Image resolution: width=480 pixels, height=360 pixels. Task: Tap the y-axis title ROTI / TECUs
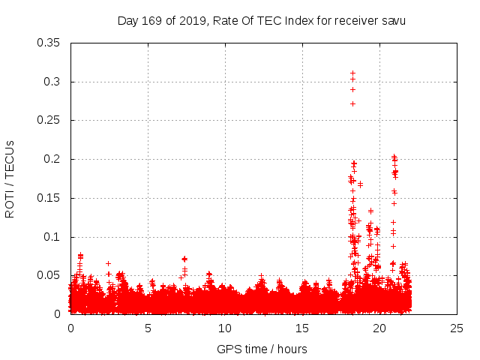pyautogui.click(x=10, y=178)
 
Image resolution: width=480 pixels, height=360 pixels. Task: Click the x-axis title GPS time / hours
pyautogui.click(x=262, y=349)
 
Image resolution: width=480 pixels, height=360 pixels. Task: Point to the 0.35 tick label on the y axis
pyautogui.click(x=49, y=43)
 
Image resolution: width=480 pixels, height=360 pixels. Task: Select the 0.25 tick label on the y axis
pyautogui.click(x=49, y=120)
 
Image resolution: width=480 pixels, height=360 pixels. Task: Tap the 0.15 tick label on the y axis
pyautogui.click(x=49, y=198)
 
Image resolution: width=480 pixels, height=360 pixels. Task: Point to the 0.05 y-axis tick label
pyautogui.click(x=49, y=275)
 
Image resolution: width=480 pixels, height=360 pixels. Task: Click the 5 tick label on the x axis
pyautogui.click(x=148, y=328)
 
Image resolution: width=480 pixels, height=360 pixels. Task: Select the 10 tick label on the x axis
pyautogui.click(x=225, y=328)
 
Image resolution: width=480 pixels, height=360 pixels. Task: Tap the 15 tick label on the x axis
pyautogui.click(x=302, y=328)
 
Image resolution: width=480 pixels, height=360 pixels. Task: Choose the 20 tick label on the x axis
pyautogui.click(x=379, y=328)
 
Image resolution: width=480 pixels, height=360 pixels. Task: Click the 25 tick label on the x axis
pyautogui.click(x=457, y=328)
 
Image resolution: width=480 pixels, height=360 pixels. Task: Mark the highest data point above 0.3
pyautogui.click(x=352, y=73)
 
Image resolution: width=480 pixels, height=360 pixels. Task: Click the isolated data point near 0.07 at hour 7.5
pyautogui.click(x=184, y=259)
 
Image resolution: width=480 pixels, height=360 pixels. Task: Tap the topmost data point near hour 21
pyautogui.click(x=394, y=157)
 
